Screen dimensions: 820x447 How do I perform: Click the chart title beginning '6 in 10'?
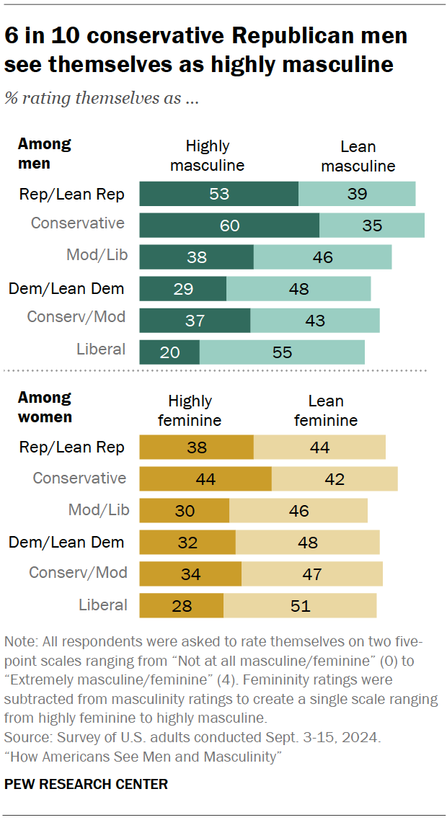(x=205, y=50)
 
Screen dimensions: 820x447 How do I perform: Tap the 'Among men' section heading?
(x=44, y=153)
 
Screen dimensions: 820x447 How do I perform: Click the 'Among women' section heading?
(x=45, y=407)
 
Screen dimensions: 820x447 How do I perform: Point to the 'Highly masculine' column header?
(x=207, y=156)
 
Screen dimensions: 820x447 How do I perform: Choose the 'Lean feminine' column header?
(x=325, y=410)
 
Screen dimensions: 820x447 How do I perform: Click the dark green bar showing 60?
(x=229, y=225)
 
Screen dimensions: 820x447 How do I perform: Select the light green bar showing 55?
(x=282, y=352)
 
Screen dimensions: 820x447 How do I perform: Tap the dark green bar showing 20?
(x=169, y=352)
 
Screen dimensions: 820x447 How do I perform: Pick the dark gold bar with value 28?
(x=181, y=605)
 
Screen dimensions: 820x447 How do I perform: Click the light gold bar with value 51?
(x=300, y=605)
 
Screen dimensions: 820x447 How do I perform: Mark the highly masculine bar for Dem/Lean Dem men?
(x=182, y=289)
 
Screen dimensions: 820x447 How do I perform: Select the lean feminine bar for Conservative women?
(x=335, y=479)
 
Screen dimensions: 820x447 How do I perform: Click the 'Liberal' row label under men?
(x=101, y=349)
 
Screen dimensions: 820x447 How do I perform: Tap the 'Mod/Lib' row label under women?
(x=99, y=510)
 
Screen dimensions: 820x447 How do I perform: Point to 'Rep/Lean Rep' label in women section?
(x=72, y=447)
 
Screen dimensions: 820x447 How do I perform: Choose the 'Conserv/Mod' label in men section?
(x=76, y=317)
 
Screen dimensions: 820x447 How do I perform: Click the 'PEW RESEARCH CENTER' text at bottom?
(x=86, y=785)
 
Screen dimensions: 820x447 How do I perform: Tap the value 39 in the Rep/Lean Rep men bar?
(x=357, y=193)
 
